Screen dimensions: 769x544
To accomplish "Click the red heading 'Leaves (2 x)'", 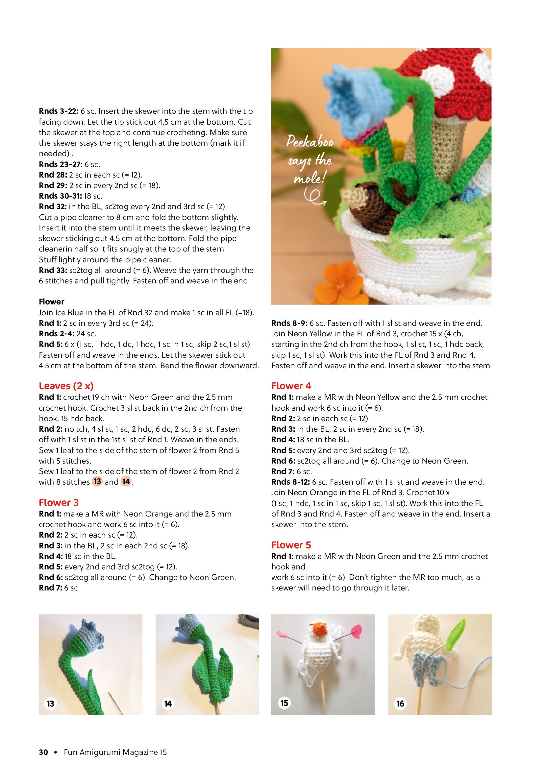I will pyautogui.click(x=66, y=386).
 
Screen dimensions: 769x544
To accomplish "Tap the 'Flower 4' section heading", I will pyautogui.click(x=291, y=386).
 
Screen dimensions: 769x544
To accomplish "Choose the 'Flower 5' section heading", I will pyautogui.click(x=291, y=545).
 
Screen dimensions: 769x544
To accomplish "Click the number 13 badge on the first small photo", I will pyautogui.click(x=51, y=703).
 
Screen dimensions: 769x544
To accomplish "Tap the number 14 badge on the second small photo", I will pyautogui.click(x=168, y=703).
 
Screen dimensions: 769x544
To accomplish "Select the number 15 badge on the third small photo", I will pyautogui.click(x=284, y=703).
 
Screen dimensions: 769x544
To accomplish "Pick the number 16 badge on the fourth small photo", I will pyautogui.click(x=400, y=703).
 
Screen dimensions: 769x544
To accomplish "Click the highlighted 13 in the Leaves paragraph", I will pyautogui.click(x=97, y=482).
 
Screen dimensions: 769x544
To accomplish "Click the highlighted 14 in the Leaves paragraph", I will pyautogui.click(x=126, y=482).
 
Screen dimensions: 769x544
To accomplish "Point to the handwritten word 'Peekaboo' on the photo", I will pyautogui.click(x=310, y=142).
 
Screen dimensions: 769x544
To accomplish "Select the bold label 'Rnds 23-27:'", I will pyautogui.click(x=60, y=164).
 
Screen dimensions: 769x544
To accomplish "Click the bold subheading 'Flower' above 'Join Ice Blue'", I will pyautogui.click(x=52, y=301).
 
